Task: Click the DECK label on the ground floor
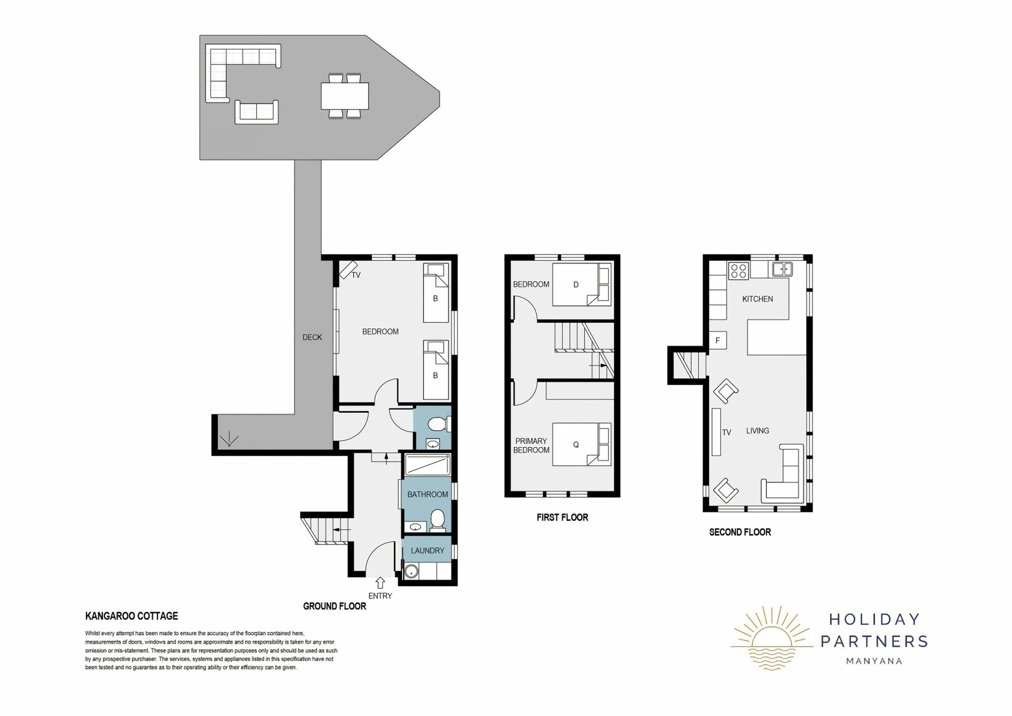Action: point(312,337)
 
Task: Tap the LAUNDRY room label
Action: point(427,550)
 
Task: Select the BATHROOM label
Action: point(427,495)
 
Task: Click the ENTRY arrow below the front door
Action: point(380,583)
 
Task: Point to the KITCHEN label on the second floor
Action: point(757,299)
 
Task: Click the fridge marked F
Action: point(718,341)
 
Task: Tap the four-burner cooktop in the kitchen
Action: point(739,271)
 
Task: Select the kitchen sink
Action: point(783,269)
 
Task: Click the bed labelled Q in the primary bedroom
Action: point(582,444)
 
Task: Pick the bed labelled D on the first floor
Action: point(582,285)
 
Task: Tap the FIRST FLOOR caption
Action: point(562,518)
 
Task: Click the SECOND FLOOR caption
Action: point(740,533)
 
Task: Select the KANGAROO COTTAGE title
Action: point(132,616)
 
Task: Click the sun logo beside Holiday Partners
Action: point(772,638)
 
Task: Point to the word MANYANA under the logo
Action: point(874,661)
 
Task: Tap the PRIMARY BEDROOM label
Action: point(531,446)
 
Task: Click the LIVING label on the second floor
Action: point(757,431)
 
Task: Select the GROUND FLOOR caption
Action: point(335,606)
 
